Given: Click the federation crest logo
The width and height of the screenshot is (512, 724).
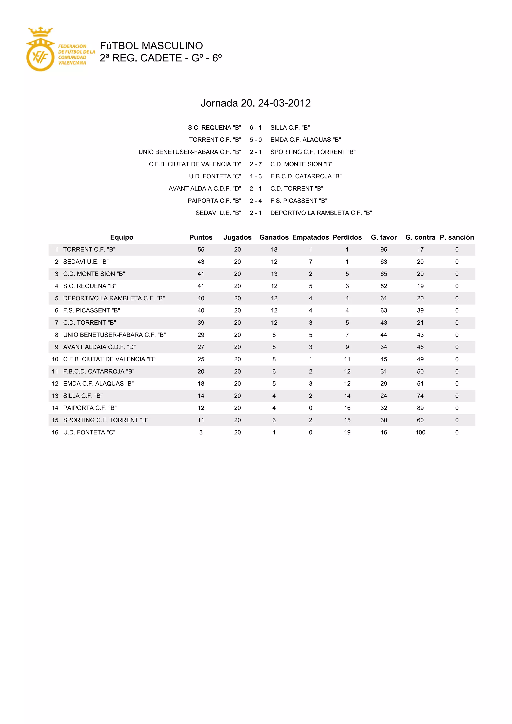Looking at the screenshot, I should point(40,50).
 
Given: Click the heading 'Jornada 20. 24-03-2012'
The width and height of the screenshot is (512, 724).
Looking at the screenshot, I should point(256,103).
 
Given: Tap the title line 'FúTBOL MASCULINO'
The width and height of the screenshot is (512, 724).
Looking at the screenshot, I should point(151,46).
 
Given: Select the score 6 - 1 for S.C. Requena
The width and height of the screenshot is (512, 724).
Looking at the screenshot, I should point(256,128).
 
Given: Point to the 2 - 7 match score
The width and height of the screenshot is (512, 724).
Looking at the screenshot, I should point(256,164).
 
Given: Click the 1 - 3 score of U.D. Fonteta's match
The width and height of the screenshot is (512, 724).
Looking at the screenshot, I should point(256,176).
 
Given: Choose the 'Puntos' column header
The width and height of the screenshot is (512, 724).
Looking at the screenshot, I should point(201,237).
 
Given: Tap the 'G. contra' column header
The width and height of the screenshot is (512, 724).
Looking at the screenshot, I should point(420,237).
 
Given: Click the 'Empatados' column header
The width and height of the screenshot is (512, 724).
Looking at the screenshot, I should point(310,237).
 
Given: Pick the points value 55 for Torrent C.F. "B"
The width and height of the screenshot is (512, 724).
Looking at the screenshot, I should point(201,250).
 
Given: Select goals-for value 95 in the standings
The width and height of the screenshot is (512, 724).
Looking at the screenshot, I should point(384,250).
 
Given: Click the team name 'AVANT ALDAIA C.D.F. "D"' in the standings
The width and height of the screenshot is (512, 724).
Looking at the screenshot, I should point(100,347).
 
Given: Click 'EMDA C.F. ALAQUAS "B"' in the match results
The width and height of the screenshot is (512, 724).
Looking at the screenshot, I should point(305,140).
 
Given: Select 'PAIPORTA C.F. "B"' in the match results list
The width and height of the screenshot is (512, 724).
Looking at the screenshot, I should point(214,201).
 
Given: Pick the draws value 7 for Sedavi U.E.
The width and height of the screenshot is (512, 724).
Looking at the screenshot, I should point(310,262).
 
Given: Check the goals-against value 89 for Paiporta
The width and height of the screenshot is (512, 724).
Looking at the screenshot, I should point(420,408).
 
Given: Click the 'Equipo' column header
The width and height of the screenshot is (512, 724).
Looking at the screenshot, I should point(122,237).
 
